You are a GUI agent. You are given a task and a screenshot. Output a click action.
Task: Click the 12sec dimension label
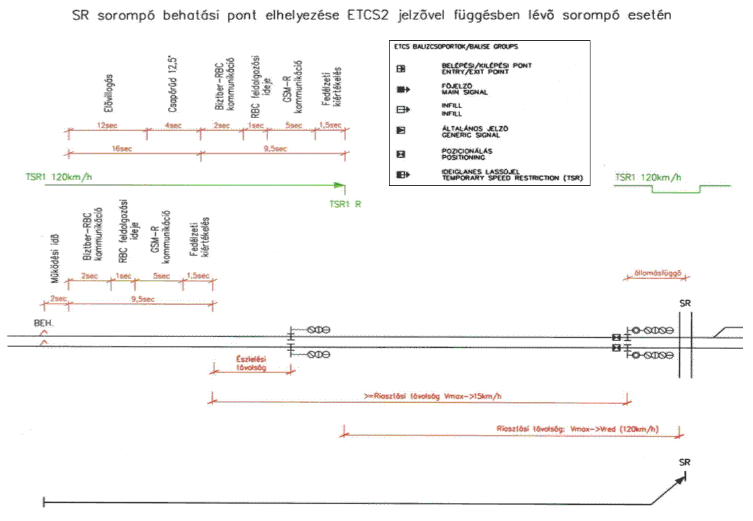(107, 125)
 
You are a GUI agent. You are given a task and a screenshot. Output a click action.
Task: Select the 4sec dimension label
(173, 125)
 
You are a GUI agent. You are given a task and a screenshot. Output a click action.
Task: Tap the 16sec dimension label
(120, 148)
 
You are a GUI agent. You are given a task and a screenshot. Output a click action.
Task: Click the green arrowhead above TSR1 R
(341, 186)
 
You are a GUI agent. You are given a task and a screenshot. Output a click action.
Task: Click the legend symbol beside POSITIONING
(401, 154)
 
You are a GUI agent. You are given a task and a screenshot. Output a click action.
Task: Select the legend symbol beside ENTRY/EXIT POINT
(401, 68)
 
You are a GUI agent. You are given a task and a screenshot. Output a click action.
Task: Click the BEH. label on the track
(44, 323)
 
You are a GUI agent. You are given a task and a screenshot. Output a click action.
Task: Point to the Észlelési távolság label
(252, 363)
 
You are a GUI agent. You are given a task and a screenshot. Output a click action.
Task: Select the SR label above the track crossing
(684, 303)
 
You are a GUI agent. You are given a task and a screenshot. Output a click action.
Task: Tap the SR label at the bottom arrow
(684, 462)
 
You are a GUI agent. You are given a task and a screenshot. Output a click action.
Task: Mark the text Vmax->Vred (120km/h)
(615, 428)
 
